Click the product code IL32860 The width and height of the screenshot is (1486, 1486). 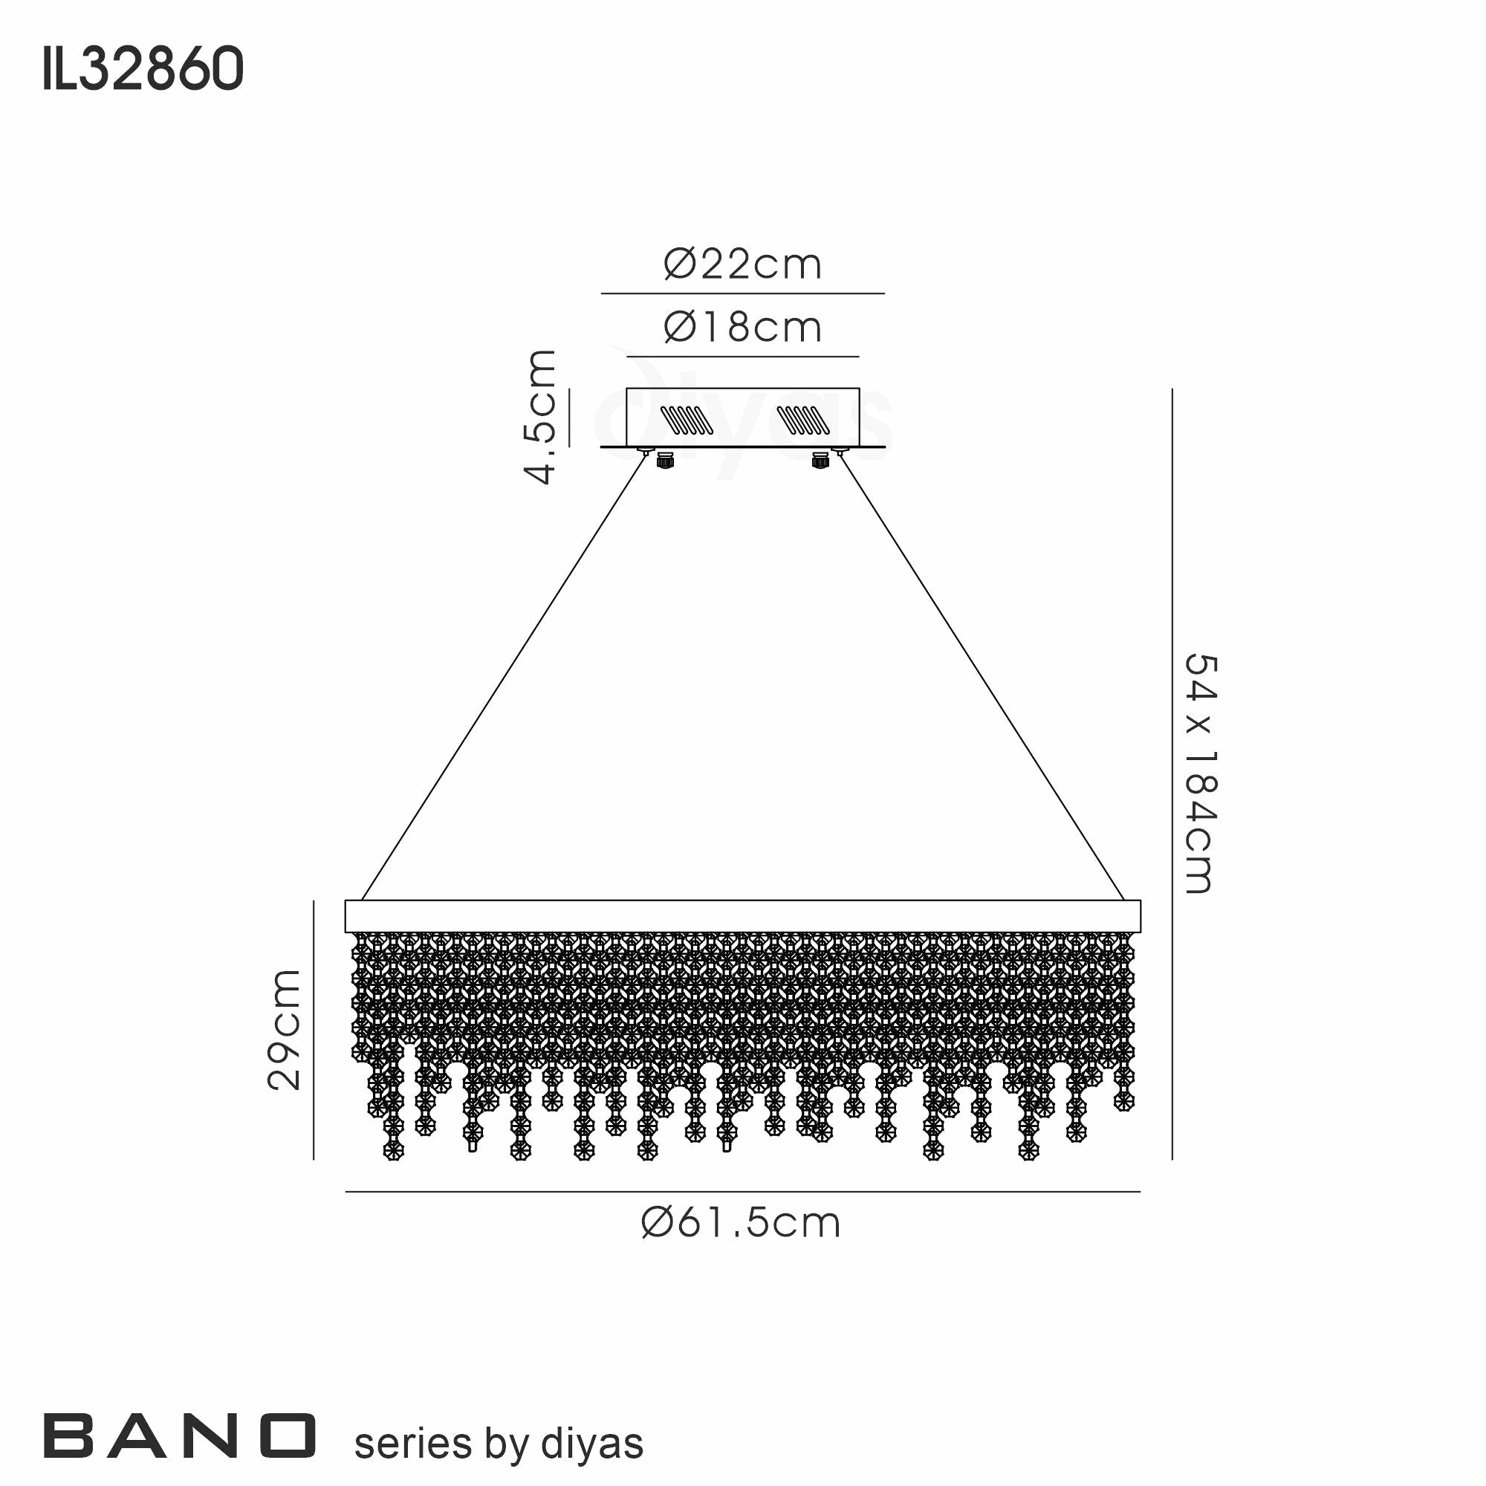click(x=143, y=69)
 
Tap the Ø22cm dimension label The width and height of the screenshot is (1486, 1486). click(x=742, y=265)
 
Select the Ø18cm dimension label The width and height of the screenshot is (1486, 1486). click(x=742, y=328)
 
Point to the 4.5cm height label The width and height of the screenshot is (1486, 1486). click(x=542, y=416)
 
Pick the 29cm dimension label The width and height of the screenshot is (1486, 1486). click(x=284, y=1030)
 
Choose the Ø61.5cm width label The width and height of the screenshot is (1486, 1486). click(x=741, y=1223)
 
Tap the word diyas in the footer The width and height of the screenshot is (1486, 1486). click(x=591, y=1444)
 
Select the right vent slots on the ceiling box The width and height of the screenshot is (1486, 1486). click(x=803, y=420)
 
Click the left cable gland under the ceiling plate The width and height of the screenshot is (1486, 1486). click(x=664, y=461)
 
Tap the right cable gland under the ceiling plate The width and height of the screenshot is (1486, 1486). click(x=820, y=461)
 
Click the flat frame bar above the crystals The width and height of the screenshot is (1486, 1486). click(x=742, y=916)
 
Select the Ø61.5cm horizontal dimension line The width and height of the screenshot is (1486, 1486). click(x=742, y=1193)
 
